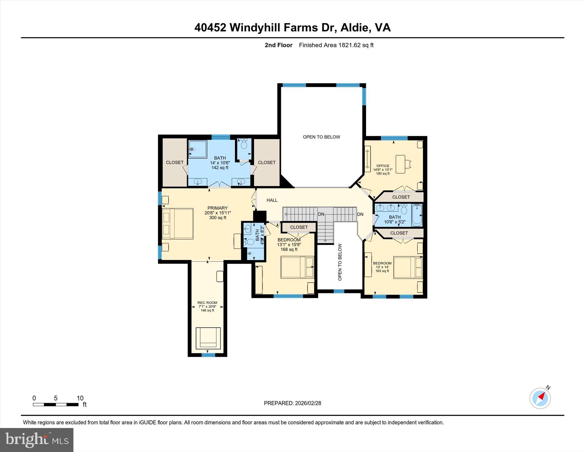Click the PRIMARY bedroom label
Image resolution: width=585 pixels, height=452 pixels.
click(x=218, y=208)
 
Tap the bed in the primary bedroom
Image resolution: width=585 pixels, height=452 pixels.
click(x=178, y=224)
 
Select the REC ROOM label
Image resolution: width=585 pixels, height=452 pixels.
click(x=207, y=303)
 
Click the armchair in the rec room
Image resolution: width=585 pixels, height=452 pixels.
click(x=208, y=338)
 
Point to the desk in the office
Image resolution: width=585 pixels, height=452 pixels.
click(x=400, y=164)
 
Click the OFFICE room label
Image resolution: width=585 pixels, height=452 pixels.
click(x=383, y=166)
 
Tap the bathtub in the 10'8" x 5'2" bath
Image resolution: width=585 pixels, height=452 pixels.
click(x=417, y=215)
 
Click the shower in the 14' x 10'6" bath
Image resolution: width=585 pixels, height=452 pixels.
click(x=197, y=149)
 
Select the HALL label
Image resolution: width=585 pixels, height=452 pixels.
click(x=272, y=200)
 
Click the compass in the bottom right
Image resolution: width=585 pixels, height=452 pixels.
click(x=540, y=398)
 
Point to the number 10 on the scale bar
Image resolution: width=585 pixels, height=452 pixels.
click(x=80, y=398)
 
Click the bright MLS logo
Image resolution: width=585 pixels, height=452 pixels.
click(x=37, y=440)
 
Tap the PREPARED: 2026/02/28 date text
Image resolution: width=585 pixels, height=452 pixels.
click(x=292, y=403)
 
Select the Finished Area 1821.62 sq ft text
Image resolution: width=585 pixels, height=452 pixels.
click(x=336, y=45)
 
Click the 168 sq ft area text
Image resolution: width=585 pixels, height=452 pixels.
click(x=289, y=249)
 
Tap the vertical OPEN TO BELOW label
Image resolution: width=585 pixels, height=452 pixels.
click(x=340, y=262)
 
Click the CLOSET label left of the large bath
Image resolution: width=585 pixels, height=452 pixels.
click(x=175, y=162)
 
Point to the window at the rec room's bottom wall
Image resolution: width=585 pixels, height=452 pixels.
click(x=208, y=355)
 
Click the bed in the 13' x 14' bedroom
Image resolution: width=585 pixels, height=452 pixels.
click(x=408, y=267)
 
